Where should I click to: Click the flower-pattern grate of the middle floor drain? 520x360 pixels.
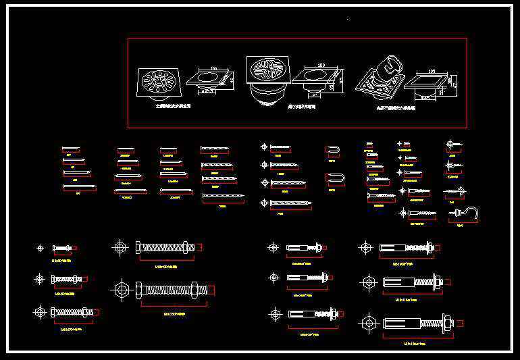pos(267,70)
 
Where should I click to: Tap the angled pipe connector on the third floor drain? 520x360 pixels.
pos(390,68)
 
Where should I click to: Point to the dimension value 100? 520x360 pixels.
pos(213,69)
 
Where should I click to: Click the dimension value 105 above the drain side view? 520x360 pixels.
pos(432,70)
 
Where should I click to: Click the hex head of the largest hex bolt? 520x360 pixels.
pos(139,290)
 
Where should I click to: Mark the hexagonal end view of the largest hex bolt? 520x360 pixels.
pos(122,290)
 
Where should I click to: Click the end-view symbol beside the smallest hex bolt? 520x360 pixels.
pos(41,249)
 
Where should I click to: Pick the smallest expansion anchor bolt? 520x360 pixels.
pos(303,248)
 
